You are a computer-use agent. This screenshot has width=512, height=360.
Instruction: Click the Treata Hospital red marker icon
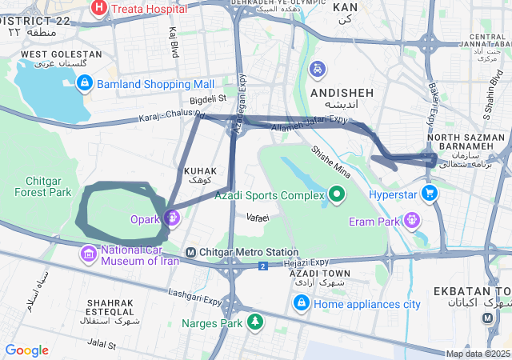tap(99, 9)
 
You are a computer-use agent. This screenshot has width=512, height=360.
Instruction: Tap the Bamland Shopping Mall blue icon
tap(85, 83)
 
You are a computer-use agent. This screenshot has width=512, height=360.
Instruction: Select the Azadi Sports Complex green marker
tap(338, 194)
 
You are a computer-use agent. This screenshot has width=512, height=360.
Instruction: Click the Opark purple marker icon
tap(172, 217)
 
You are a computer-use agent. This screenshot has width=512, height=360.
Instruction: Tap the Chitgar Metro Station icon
tap(190, 253)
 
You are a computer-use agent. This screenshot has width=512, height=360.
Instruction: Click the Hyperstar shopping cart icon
tap(430, 193)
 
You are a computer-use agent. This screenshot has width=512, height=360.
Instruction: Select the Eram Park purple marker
tap(412, 218)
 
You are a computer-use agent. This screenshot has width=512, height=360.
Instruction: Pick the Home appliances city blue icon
tap(302, 303)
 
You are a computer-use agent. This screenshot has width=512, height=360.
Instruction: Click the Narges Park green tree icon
tap(254, 322)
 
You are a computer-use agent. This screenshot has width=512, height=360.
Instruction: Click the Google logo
tap(26, 350)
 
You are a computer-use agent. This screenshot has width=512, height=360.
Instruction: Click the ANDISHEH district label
tap(342, 93)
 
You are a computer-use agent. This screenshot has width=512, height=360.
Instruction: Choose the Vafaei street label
tap(258, 218)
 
